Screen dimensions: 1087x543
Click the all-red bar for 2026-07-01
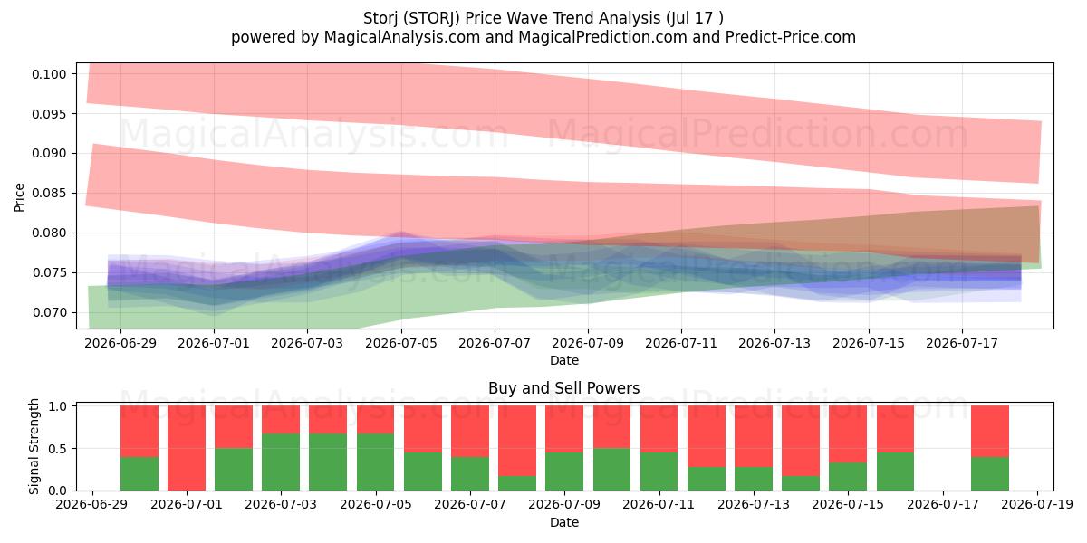[187, 448]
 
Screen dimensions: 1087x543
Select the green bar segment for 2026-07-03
[281, 462]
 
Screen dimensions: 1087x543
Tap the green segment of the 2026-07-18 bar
[990, 473]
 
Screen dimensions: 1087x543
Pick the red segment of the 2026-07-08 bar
[517, 441]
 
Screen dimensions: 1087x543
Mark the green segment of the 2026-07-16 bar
[895, 472]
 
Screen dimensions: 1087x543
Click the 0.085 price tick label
[49, 194]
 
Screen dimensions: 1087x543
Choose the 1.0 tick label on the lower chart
[58, 406]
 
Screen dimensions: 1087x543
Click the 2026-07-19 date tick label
[1037, 505]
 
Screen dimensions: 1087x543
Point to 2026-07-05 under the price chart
[401, 343]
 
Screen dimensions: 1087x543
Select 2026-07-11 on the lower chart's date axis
[659, 505]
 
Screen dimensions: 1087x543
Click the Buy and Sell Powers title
[563, 388]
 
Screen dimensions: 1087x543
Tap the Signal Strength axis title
[34, 446]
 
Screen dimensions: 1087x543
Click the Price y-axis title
[19, 197]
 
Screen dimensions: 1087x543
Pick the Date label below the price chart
[563, 360]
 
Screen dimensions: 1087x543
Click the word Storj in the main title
[381, 18]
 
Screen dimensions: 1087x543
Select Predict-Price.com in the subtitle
[791, 37]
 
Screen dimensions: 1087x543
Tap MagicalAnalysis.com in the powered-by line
[402, 37]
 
